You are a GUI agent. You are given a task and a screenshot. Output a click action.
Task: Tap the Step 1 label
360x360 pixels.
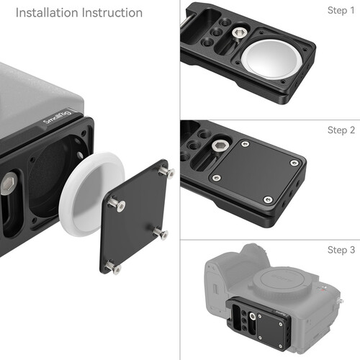[341, 11]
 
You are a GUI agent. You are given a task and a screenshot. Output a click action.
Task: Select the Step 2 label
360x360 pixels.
[341, 130]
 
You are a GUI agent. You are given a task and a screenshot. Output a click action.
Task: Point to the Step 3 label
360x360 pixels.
[341, 250]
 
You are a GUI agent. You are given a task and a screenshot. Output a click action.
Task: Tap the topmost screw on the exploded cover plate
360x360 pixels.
[168, 172]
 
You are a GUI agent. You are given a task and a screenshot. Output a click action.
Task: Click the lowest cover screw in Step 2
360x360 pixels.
[269, 199]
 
